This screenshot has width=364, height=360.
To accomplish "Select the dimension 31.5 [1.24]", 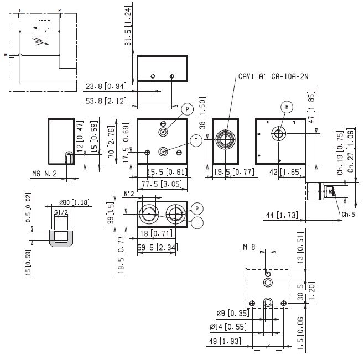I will tap(128, 27).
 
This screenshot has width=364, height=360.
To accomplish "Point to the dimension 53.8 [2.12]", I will tap(105, 101).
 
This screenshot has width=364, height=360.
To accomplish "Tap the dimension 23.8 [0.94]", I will tap(105, 86).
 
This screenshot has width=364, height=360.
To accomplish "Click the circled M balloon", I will tap(286, 106).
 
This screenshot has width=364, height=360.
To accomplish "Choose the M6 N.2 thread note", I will tap(45, 174).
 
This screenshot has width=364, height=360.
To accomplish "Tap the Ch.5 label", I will tap(348, 214).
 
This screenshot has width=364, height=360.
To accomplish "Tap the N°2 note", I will tap(128, 194).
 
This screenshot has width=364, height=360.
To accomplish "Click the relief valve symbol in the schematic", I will tap(38, 32).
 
